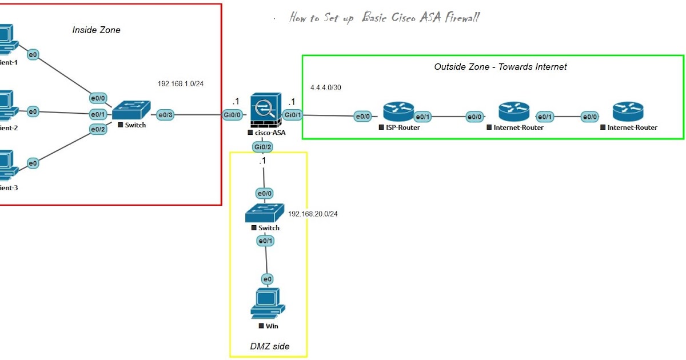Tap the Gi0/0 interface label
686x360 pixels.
233,115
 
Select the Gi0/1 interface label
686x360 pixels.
293,115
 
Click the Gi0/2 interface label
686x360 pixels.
262,147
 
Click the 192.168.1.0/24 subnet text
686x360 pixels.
181,83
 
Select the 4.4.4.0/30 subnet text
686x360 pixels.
326,88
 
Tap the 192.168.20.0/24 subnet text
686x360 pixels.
313,214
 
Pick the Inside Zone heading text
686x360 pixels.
96,30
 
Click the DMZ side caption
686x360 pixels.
270,346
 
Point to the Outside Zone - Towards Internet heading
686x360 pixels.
500,67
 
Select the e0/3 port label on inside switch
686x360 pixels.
166,115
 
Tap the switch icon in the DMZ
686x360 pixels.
264,213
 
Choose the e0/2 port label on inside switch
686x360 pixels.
98,130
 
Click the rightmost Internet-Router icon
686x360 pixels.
627,111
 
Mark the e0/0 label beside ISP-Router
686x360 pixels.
363,117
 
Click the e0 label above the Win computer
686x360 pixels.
267,279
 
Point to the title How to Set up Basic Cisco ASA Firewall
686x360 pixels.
384,18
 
